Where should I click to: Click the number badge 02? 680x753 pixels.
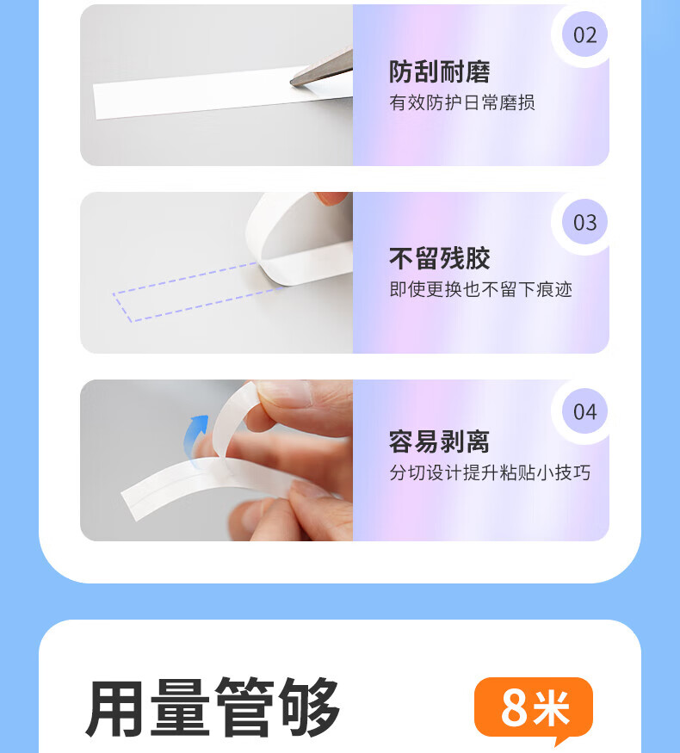(585, 35)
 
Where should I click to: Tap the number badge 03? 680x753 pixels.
(585, 222)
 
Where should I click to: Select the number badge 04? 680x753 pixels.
(585, 411)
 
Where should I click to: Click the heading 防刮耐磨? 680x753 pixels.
(439, 72)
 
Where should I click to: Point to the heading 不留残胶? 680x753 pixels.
(439, 259)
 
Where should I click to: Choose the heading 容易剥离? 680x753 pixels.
(439, 441)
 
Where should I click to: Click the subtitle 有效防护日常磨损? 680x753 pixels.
(462, 102)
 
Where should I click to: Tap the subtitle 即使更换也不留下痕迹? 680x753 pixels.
(480, 289)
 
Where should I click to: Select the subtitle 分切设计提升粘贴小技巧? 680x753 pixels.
(490, 472)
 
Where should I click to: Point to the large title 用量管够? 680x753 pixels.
(213, 708)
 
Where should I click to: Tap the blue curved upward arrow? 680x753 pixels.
(196, 435)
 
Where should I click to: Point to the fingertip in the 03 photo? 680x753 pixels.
(331, 198)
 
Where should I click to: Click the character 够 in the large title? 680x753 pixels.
(310, 708)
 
